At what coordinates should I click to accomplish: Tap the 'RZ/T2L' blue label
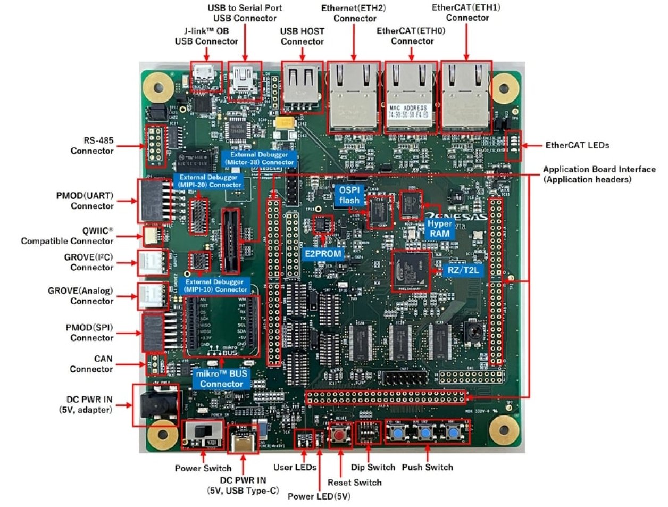[x=463, y=270]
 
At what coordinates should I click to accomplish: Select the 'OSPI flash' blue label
[x=349, y=195]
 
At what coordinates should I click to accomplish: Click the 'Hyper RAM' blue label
[x=439, y=228]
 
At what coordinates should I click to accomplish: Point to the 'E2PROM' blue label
[x=323, y=254]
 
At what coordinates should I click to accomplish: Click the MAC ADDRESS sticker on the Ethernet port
[x=408, y=111]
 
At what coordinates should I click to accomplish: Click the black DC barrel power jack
[x=154, y=405]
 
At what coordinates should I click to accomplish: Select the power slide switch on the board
[x=203, y=435]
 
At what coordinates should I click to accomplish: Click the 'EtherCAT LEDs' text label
[x=577, y=145]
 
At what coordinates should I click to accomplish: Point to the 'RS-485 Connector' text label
[x=92, y=146]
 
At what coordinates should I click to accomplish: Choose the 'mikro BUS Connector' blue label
[x=221, y=378]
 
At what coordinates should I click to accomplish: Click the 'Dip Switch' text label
[x=373, y=467]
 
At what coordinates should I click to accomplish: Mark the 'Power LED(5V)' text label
[x=319, y=496]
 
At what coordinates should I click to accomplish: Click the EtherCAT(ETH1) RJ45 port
[x=466, y=96]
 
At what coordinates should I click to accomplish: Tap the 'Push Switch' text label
[x=427, y=467]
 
